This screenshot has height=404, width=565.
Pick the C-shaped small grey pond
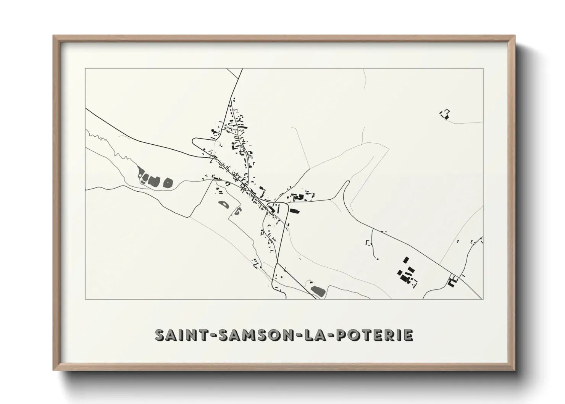point(237,211)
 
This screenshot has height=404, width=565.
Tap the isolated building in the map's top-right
point(445,114)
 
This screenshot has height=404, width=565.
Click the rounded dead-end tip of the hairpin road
point(347,183)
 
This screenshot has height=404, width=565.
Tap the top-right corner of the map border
point(483,68)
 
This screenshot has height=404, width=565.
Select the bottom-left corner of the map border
point(85,299)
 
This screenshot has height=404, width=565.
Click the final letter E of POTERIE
point(408,335)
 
